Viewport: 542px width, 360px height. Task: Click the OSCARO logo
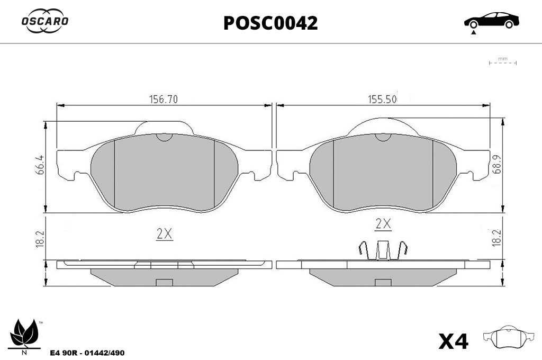point(45,21)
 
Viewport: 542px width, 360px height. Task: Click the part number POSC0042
point(270,23)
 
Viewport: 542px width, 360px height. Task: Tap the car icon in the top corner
point(492,21)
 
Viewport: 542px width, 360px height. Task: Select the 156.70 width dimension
point(164,99)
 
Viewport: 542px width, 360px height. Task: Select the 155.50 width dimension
point(382,99)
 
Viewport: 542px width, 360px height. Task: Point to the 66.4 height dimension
point(40,165)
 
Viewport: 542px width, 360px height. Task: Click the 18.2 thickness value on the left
point(40,239)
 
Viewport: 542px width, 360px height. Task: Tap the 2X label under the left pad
point(164,235)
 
